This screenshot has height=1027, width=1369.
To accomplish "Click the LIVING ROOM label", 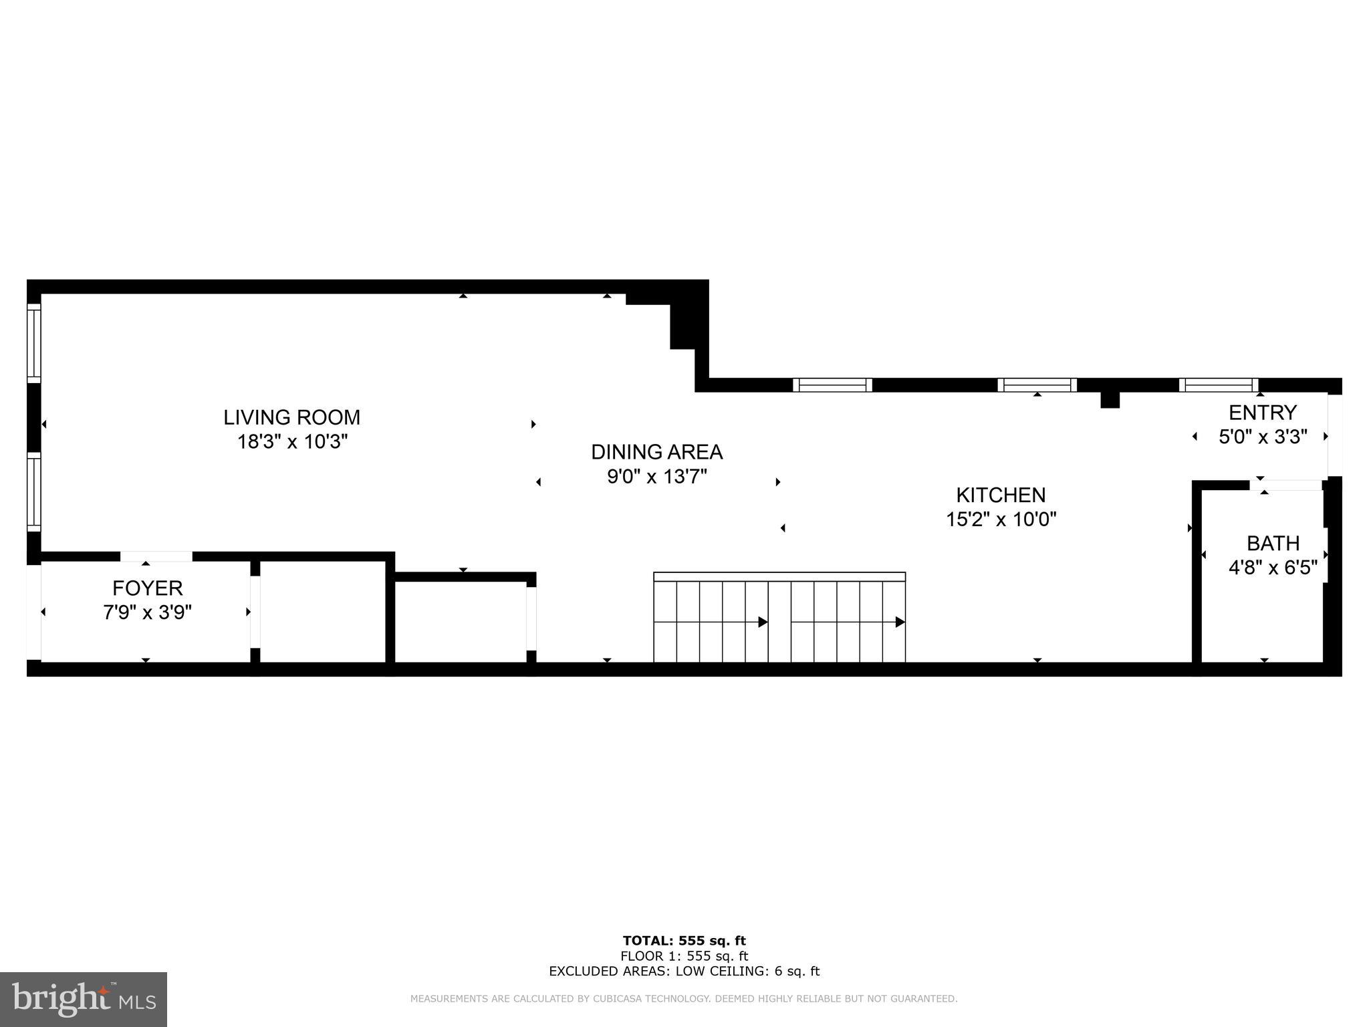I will click(291, 417).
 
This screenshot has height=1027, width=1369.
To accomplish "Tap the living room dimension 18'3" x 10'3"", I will click(293, 442).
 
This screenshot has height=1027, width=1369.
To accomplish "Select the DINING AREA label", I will click(656, 452).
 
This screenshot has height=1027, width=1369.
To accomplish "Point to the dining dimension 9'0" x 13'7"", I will click(656, 477).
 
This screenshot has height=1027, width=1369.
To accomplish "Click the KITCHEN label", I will click(1001, 495).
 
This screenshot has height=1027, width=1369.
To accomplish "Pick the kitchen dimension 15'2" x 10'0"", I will click(1001, 520).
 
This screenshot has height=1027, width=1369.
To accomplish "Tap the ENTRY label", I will click(1263, 412).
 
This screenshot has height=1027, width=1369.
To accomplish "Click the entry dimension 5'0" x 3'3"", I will click(1263, 437).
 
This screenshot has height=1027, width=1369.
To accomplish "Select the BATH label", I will click(1273, 543).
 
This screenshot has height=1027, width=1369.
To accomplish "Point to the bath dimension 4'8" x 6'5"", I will click(1273, 568).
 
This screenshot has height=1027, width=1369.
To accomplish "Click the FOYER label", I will click(147, 588).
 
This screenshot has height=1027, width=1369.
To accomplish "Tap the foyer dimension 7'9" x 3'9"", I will click(147, 612).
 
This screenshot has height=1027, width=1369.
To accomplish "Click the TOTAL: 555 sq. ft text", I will click(684, 941).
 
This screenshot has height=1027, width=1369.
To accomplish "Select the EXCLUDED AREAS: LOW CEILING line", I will click(684, 972).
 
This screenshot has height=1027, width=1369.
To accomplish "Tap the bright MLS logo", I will click(84, 999).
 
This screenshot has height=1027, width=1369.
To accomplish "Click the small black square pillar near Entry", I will click(1110, 400).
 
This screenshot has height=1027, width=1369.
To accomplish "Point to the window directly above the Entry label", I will click(1219, 385).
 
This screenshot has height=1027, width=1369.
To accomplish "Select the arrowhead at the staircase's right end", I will click(900, 622).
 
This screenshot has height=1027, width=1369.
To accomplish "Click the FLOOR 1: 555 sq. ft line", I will click(684, 956).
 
